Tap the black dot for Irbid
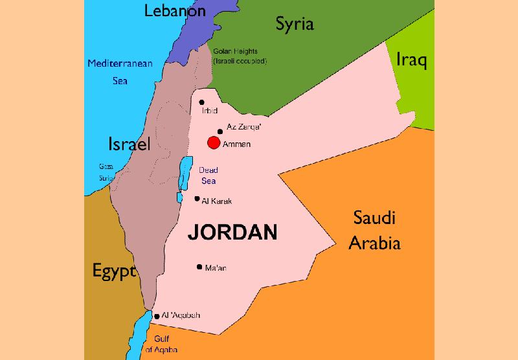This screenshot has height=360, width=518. (x=202, y=102)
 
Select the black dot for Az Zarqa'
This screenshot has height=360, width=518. (x=220, y=131)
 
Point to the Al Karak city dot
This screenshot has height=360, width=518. (x=197, y=199)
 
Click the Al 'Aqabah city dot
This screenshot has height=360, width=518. (x=157, y=317)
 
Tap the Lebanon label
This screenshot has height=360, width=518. (x=175, y=11)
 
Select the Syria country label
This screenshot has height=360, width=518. (x=295, y=25)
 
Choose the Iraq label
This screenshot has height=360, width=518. (x=411, y=61)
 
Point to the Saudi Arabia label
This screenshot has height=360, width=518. (x=374, y=231)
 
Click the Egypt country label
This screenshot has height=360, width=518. (x=114, y=270)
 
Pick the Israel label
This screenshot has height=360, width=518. (x=129, y=144)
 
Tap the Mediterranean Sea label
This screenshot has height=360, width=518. (x=120, y=72)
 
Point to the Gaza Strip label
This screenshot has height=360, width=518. (x=106, y=172)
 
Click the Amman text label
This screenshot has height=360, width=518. (x=236, y=144)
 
